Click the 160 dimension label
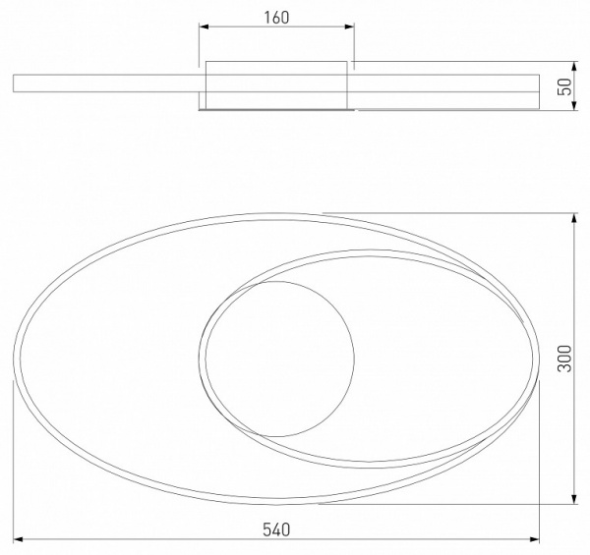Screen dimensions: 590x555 tap(276, 18)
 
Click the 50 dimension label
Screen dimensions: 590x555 tap(564, 86)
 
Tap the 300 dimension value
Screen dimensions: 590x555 tap(564, 359)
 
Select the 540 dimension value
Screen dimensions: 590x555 tap(276, 529)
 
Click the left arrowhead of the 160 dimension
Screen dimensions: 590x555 tap(204, 27)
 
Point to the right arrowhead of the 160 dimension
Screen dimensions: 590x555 tap(349, 27)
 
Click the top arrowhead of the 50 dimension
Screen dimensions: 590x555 tap(574, 66)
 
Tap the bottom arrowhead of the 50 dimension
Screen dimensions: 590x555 tap(574, 105)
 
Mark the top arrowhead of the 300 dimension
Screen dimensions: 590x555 tap(574, 218)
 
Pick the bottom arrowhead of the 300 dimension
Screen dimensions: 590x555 tap(574, 499)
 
